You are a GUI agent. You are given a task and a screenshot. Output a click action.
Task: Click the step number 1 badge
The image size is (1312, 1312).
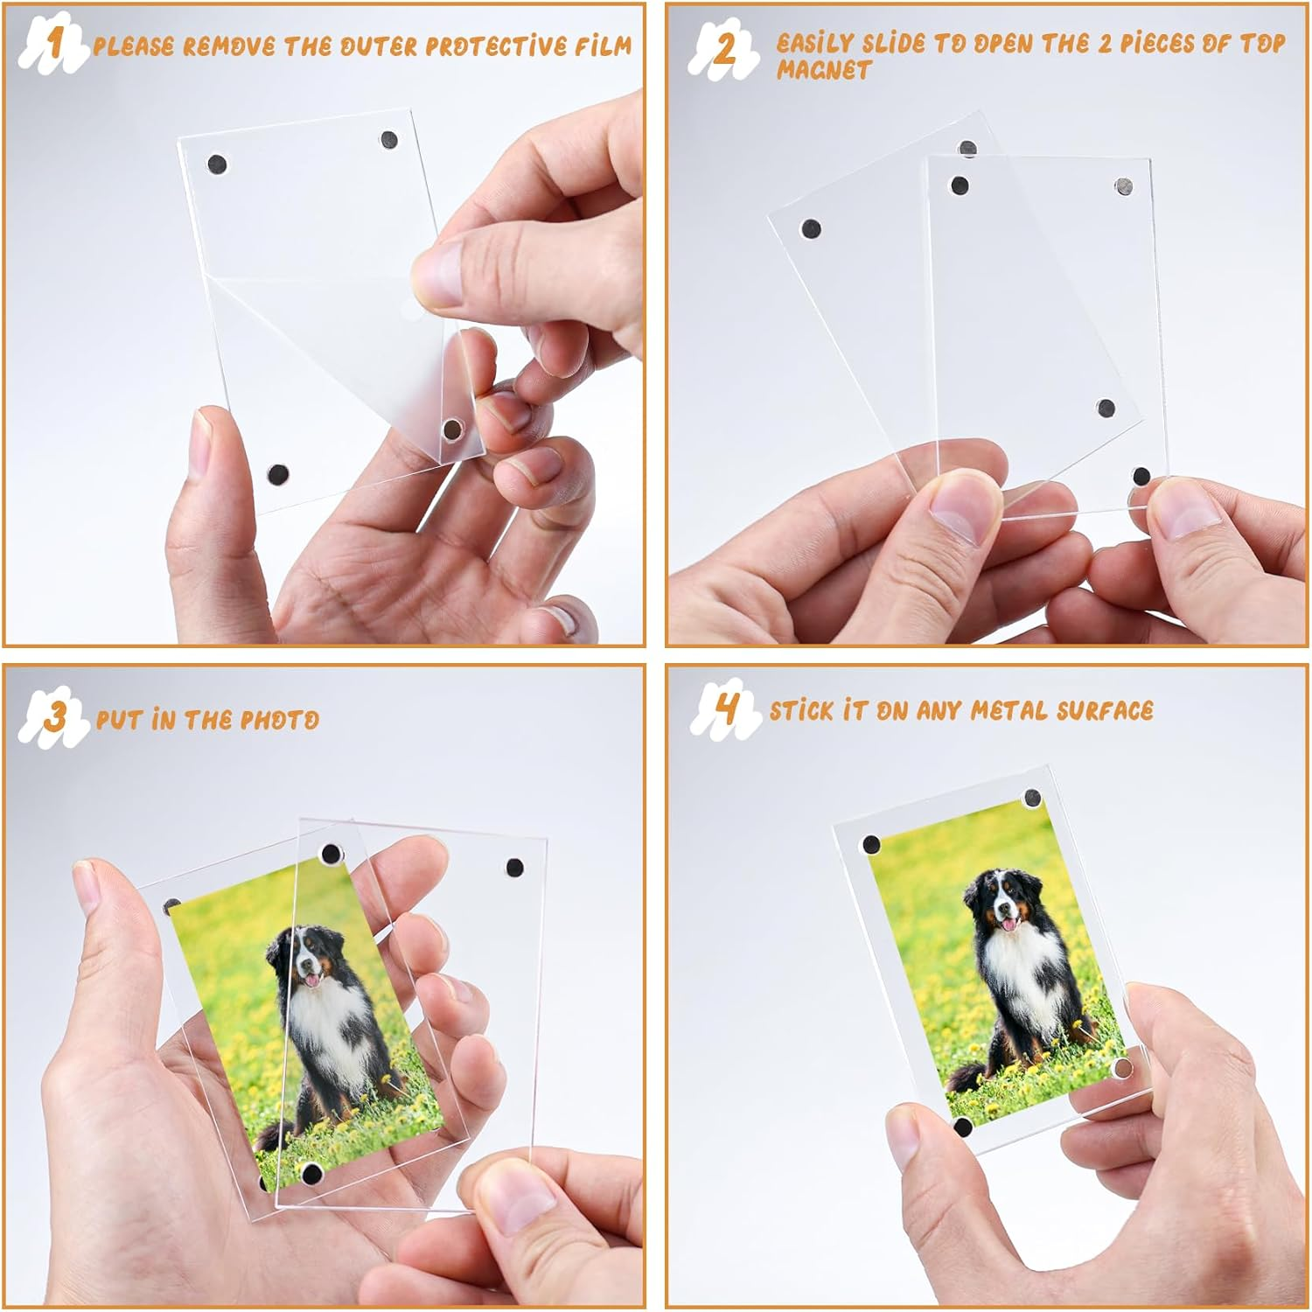54,44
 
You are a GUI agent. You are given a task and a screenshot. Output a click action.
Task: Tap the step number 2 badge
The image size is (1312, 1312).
723,50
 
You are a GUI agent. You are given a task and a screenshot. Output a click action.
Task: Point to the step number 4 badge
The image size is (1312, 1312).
724,708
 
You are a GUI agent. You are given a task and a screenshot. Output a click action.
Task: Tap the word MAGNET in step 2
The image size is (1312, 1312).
824,70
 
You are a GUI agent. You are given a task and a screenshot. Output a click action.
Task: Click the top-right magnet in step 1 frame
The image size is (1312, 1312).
388,140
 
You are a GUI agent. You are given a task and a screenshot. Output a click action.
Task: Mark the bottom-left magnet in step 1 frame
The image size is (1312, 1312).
277,475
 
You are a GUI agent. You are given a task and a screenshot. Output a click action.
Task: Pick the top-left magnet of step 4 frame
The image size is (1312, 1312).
871,845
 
